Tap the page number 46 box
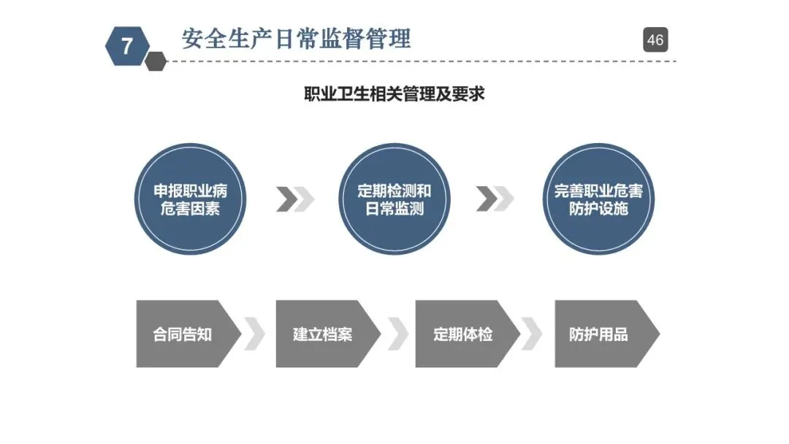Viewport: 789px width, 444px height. pyautogui.click(x=655, y=39)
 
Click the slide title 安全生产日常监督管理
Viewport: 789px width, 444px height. pyautogui.click(x=296, y=38)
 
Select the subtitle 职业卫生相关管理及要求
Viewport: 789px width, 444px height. pyautogui.click(x=394, y=94)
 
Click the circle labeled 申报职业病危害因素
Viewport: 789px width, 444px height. pyautogui.click(x=190, y=199)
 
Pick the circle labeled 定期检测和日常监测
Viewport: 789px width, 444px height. pyautogui.click(x=394, y=199)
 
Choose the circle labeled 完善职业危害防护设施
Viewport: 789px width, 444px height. pyautogui.click(x=598, y=199)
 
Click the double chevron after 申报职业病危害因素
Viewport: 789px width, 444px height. pyautogui.click(x=295, y=199)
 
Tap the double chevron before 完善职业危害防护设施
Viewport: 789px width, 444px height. pyautogui.click(x=495, y=199)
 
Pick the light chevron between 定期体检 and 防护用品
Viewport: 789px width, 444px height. pyautogui.click(x=533, y=334)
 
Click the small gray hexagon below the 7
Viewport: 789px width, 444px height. pyautogui.click(x=156, y=61)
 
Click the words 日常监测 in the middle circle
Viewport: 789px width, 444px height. pyautogui.click(x=394, y=209)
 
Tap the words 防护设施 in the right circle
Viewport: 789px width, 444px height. pyautogui.click(x=598, y=209)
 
